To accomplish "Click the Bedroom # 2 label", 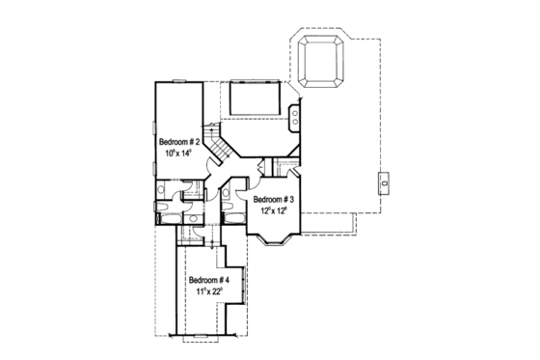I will point(179,142).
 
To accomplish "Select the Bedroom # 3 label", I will point(273,200).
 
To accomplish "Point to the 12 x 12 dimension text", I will point(273,211).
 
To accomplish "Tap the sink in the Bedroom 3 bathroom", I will point(225,196).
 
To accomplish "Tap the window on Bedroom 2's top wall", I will point(179,81).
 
